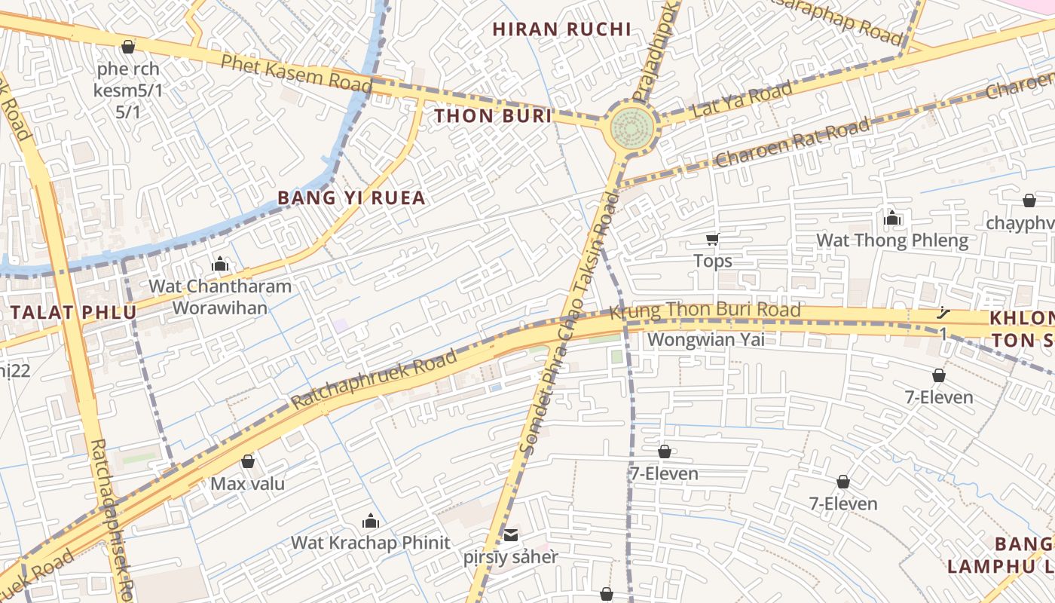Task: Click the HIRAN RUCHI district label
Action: [561, 29]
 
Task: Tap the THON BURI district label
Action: [493, 116]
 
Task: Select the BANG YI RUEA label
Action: [351, 198]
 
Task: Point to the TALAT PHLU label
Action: [74, 313]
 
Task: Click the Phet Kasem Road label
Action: [295, 72]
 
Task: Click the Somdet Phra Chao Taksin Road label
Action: [569, 324]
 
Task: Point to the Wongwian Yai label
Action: [706, 340]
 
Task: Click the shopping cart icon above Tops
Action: [712, 240]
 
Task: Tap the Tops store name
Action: [712, 262]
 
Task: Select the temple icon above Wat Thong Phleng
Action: [892, 219]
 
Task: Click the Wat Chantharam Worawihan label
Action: [220, 297]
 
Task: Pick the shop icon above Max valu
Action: [247, 461]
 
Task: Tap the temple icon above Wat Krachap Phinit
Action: [370, 521]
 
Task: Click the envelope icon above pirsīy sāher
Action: [511, 535]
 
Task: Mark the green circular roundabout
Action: [631, 124]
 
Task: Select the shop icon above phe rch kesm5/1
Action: [128, 47]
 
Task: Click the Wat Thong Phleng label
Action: [892, 241]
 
